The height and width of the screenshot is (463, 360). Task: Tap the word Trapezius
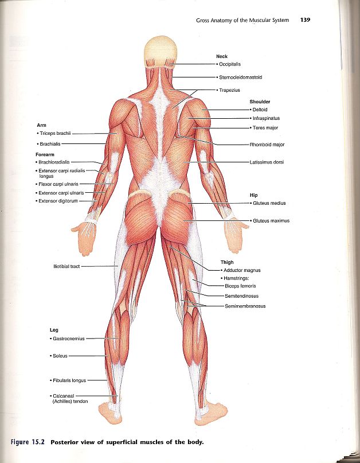pyautogui.click(x=230, y=90)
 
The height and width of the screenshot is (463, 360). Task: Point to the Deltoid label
pyautogui.click(x=260, y=109)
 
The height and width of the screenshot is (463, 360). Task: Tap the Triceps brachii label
pyautogui.click(x=53, y=133)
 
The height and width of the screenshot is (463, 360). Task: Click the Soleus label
pyautogui.click(x=59, y=356)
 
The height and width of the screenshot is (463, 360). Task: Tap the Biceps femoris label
pyautogui.click(x=241, y=286)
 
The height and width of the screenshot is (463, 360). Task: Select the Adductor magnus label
pyautogui.click(x=242, y=270)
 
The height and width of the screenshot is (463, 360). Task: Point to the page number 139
pyautogui.click(x=305, y=20)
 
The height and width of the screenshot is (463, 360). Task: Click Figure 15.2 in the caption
pyautogui.click(x=29, y=442)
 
